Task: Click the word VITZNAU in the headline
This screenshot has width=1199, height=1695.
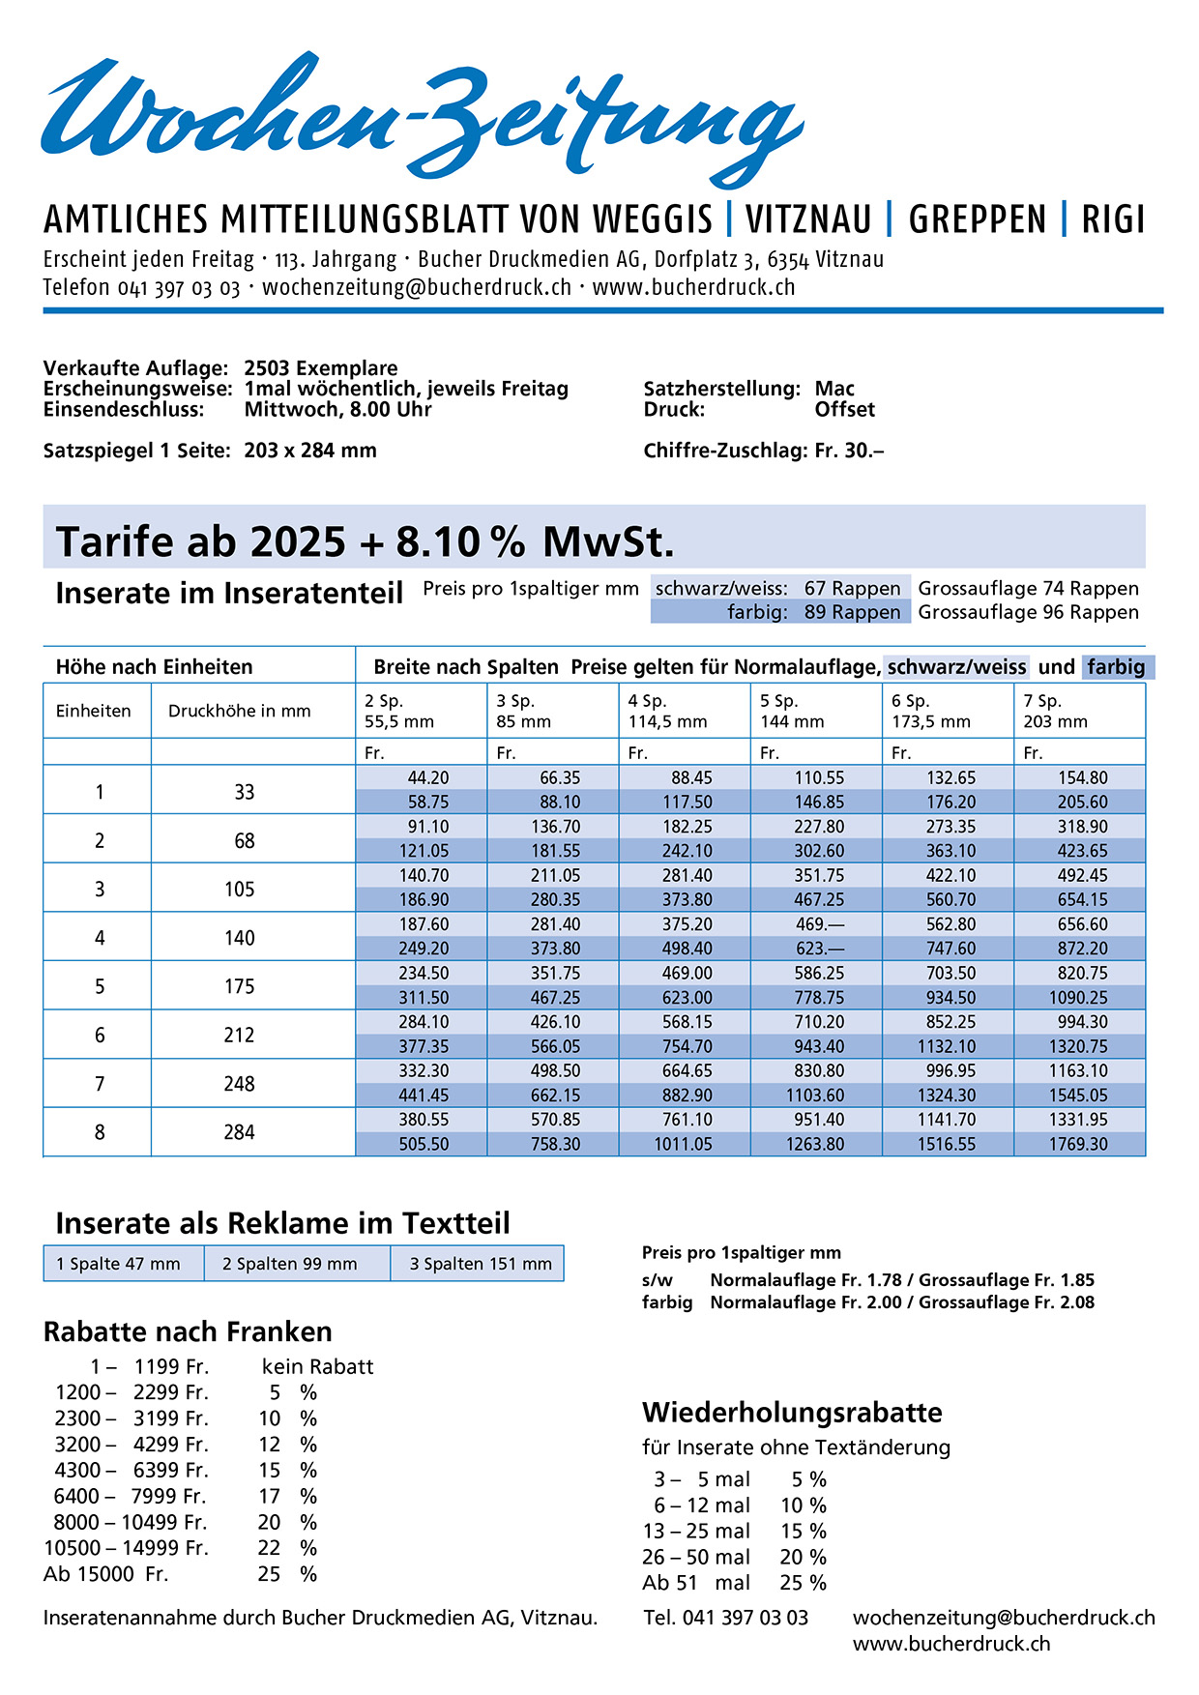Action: (808, 219)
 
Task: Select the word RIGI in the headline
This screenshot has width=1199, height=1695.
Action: (1113, 219)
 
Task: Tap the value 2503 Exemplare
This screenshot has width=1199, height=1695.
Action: (320, 368)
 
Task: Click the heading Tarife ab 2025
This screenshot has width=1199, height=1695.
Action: (200, 541)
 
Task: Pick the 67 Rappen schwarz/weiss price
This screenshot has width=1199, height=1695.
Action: (852, 588)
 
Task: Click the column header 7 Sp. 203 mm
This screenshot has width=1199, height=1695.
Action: (1055, 711)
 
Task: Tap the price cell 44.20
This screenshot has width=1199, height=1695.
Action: (427, 777)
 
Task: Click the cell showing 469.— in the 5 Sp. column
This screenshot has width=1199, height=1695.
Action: (819, 924)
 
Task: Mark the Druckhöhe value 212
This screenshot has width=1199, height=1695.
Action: (239, 1035)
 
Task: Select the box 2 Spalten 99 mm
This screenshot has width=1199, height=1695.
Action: (290, 1264)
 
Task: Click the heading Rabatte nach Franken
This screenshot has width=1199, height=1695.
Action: (188, 1331)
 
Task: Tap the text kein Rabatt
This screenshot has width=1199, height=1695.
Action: (317, 1366)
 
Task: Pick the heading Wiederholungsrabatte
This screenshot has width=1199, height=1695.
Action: (792, 1412)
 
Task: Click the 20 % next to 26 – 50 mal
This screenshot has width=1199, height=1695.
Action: (803, 1557)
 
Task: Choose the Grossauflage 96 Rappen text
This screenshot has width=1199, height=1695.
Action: (1028, 612)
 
